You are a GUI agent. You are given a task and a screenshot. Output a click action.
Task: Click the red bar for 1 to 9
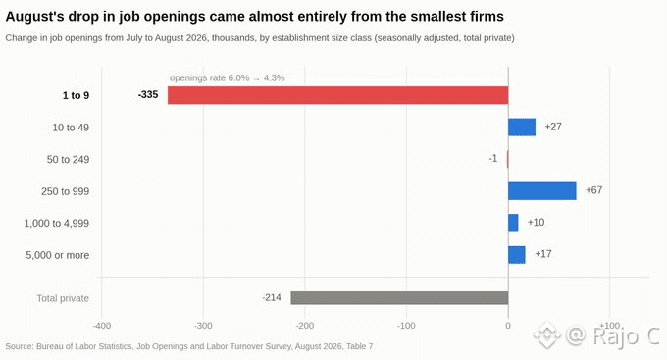tap(337, 95)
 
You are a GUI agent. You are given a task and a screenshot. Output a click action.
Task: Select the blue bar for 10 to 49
tap(522, 128)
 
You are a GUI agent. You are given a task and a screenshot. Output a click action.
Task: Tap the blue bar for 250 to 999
tap(542, 191)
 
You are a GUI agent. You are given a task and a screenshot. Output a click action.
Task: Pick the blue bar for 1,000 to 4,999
tap(513, 223)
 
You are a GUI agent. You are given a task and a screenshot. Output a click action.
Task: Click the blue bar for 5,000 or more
tap(517, 255)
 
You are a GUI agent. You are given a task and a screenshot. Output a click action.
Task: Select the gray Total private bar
tap(399, 298)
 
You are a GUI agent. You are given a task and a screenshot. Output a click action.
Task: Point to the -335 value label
tap(148, 94)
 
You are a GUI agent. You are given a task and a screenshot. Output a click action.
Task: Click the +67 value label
tap(593, 190)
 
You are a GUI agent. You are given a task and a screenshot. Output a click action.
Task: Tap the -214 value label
tap(272, 297)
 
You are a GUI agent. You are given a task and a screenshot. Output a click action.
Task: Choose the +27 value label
tap(553, 127)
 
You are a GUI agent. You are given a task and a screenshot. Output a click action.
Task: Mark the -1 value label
tap(493, 158)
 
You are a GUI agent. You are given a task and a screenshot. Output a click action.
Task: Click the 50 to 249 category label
tap(68, 160)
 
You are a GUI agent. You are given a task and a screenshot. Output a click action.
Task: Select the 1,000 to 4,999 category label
tap(57, 224)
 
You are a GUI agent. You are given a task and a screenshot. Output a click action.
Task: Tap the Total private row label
tap(63, 298)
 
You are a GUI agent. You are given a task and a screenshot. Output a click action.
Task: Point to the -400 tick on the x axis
tap(102, 326)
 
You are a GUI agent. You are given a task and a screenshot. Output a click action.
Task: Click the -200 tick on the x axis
tap(305, 326)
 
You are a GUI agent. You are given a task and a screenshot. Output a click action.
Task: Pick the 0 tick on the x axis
tap(508, 326)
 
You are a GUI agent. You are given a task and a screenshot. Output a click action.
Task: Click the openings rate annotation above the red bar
tap(228, 77)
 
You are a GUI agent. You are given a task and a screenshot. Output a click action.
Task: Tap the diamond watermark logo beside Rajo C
tap(546, 334)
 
